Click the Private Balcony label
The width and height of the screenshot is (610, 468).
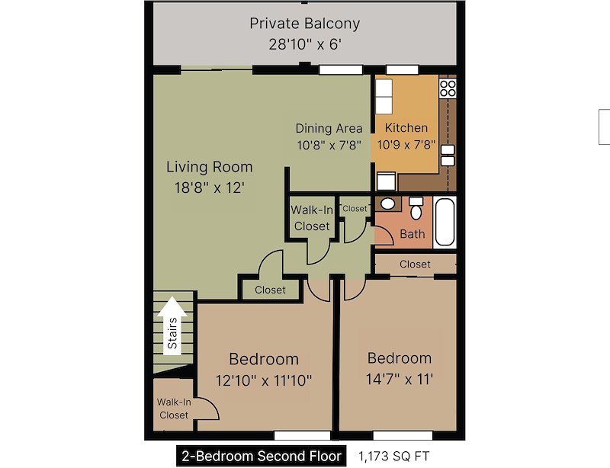click(x=304, y=24)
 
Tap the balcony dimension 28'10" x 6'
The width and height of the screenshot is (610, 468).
click(x=304, y=44)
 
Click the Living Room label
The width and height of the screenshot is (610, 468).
click(x=209, y=167)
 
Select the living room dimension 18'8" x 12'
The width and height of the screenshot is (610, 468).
click(x=209, y=188)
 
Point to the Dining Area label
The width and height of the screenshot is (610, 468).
click(x=329, y=128)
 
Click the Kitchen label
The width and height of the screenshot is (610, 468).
click(x=406, y=127)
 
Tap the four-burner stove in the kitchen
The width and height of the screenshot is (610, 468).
click(x=448, y=88)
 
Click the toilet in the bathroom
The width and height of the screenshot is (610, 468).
click(x=416, y=208)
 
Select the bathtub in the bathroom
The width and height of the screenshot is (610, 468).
click(x=445, y=222)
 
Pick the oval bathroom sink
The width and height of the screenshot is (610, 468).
click(x=387, y=204)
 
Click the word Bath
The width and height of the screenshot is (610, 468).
click(x=413, y=234)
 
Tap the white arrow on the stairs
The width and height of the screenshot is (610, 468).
click(x=172, y=326)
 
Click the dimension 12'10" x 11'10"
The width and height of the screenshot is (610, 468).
click(x=264, y=380)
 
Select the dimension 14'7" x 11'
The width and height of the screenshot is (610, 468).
click(x=400, y=379)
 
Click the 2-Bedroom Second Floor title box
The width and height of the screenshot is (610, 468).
click(x=261, y=456)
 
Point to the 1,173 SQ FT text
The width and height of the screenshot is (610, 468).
click(x=393, y=456)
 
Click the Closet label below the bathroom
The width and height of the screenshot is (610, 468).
click(x=415, y=264)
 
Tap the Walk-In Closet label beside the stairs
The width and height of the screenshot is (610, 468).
click(x=174, y=409)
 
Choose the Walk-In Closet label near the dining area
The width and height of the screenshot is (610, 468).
click(x=312, y=218)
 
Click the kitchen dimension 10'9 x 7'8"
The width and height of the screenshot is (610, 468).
click(x=406, y=145)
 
